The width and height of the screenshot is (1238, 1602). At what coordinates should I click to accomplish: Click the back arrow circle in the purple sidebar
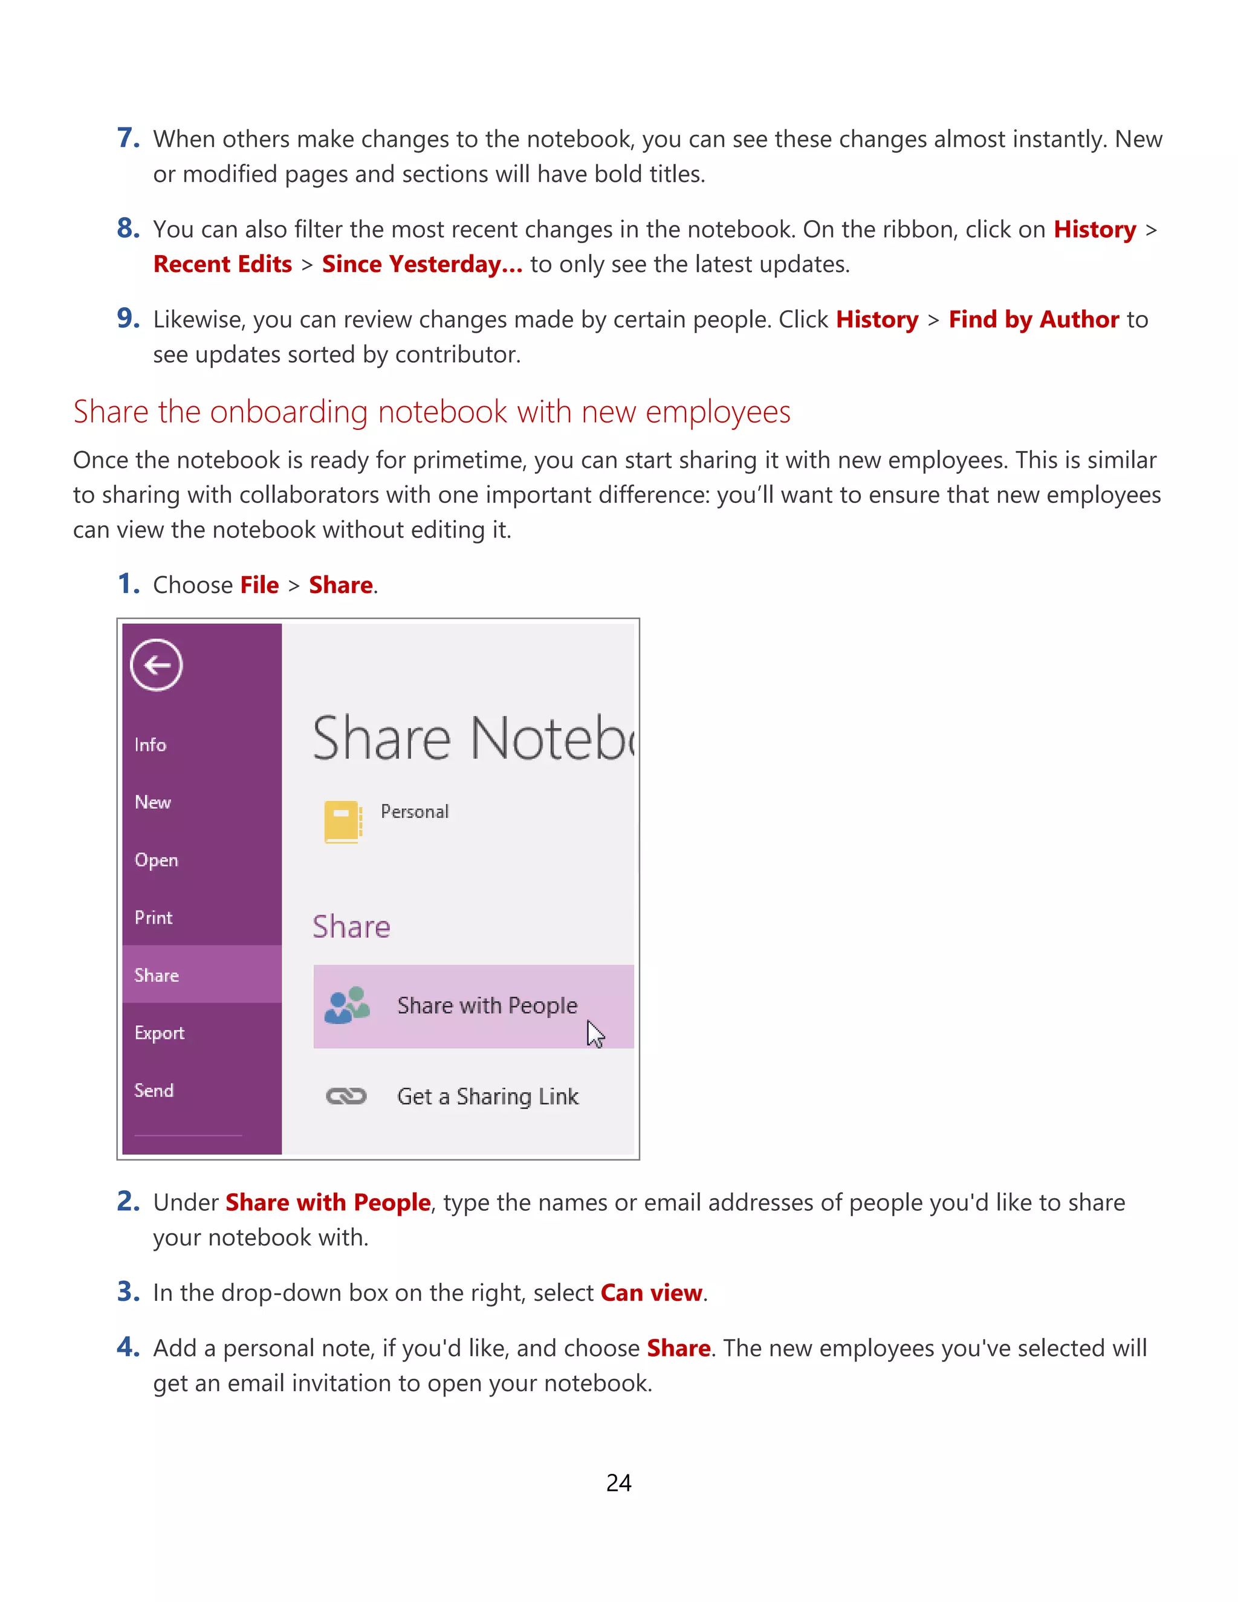pyautogui.click(x=156, y=666)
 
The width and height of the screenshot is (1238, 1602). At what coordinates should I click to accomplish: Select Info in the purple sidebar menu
pyautogui.click(x=151, y=745)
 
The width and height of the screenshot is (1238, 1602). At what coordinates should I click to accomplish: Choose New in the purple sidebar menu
pyautogui.click(x=152, y=802)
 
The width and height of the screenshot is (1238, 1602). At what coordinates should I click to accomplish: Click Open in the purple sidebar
pyautogui.click(x=156, y=860)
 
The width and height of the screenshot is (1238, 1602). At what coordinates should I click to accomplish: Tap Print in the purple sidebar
pyautogui.click(x=154, y=918)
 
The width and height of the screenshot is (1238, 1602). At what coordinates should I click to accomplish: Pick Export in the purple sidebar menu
pyautogui.click(x=159, y=1033)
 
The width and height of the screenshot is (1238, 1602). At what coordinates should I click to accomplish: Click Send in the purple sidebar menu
pyautogui.click(x=154, y=1091)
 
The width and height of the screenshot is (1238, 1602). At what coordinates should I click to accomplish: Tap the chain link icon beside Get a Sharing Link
pyautogui.click(x=346, y=1096)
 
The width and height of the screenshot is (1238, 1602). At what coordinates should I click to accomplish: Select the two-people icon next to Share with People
pyautogui.click(x=347, y=1005)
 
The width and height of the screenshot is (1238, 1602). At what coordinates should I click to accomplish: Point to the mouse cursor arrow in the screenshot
pyautogui.click(x=594, y=1034)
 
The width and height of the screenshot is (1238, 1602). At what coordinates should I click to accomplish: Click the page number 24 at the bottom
pyautogui.click(x=618, y=1482)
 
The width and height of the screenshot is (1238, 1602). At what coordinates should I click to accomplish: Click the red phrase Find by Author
pyautogui.click(x=1033, y=320)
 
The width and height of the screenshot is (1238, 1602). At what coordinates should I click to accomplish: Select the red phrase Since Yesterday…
pyautogui.click(x=422, y=264)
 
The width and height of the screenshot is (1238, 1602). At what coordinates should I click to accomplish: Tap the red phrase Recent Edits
pyautogui.click(x=222, y=264)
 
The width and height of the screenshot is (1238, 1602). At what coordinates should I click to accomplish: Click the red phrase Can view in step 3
pyautogui.click(x=651, y=1292)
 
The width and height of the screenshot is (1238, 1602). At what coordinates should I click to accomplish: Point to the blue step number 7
pyautogui.click(x=128, y=138)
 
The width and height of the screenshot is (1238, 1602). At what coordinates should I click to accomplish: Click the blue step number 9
pyautogui.click(x=128, y=319)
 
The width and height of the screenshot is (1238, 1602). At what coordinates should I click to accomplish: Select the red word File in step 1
pyautogui.click(x=259, y=585)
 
